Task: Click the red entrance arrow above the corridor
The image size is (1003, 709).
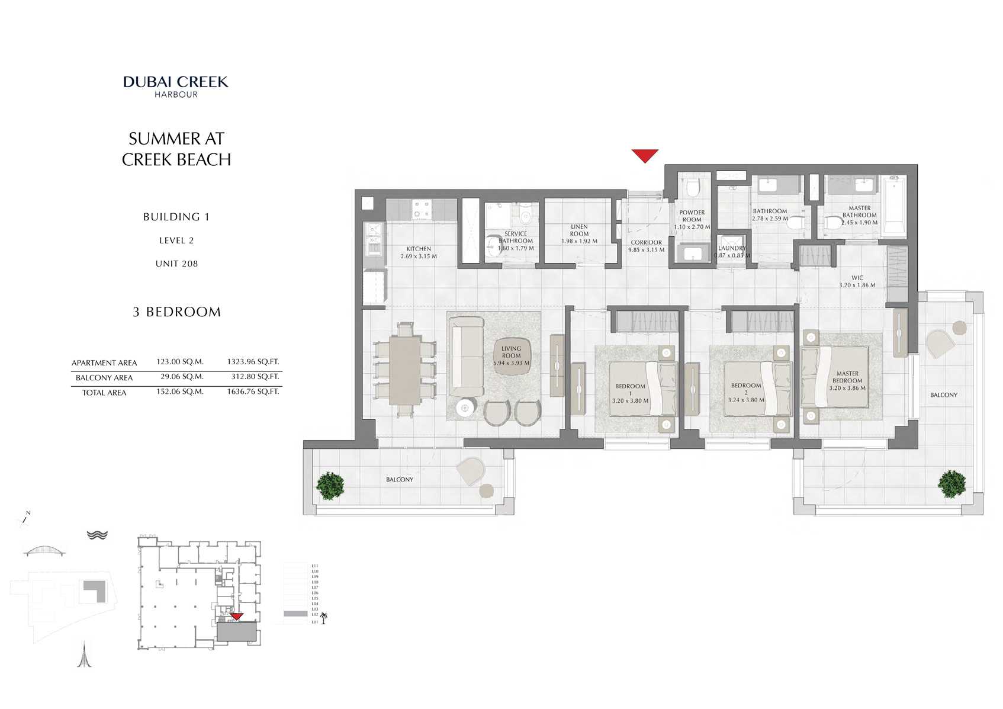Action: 645,156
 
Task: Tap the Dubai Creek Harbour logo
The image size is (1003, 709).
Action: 176,86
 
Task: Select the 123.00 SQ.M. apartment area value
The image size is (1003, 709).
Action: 179,361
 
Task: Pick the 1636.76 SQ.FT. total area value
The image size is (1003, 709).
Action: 253,392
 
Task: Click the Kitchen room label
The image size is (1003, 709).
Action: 419,249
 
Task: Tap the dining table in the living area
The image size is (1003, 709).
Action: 405,371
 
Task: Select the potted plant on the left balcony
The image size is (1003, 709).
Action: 330,485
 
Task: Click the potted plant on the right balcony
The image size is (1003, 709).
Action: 951,484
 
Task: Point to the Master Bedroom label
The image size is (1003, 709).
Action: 847,377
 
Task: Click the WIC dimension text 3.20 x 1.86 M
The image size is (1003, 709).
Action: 857,285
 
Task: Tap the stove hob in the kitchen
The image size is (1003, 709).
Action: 422,209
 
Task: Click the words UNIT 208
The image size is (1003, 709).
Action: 176,264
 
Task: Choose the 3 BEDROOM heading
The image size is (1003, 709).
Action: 176,312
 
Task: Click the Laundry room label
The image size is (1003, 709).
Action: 732,248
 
